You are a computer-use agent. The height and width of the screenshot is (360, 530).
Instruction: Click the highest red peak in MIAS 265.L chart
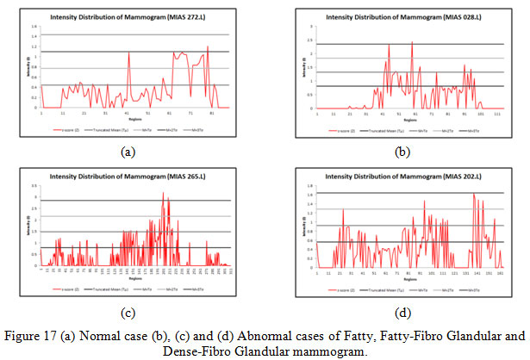tap(163, 193)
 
